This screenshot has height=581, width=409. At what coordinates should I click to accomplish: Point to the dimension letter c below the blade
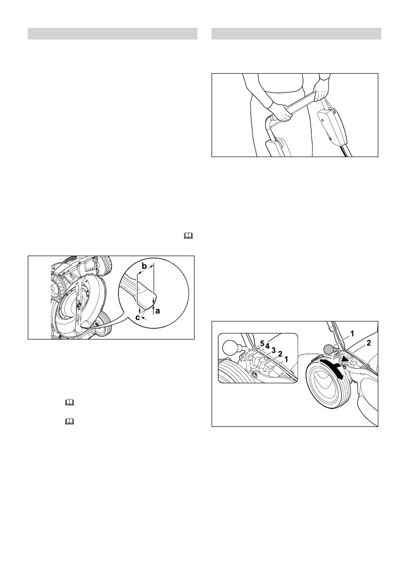coord(138,318)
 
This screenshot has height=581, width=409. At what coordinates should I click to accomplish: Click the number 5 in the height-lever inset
coord(262,344)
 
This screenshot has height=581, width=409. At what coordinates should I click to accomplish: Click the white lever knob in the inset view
coord(231,348)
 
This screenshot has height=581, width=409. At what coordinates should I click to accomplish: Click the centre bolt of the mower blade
coord(78,305)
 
